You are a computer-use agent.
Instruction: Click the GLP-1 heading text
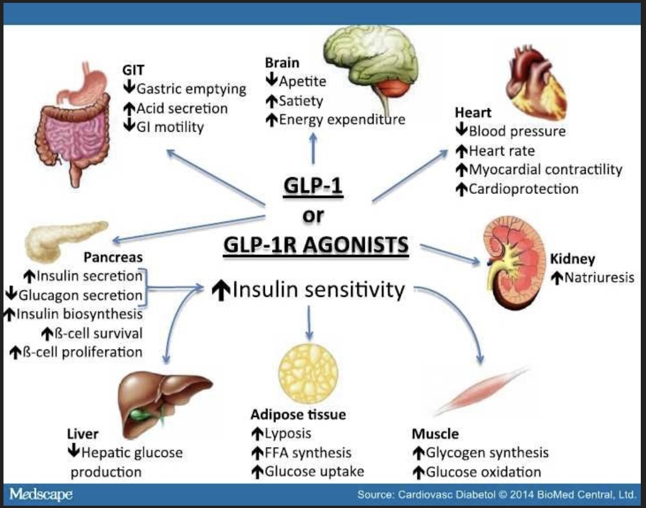pos(313,187)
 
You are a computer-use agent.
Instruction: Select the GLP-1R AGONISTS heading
pos(315,245)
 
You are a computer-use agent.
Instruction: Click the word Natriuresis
pos(599,278)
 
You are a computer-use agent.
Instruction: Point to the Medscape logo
pos(41,495)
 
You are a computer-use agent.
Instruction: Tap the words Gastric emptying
pos(191,89)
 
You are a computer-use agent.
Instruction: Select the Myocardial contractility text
pos(545,170)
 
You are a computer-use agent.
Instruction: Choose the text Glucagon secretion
pos(80,295)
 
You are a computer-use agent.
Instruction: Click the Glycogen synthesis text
pos(487,452)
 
